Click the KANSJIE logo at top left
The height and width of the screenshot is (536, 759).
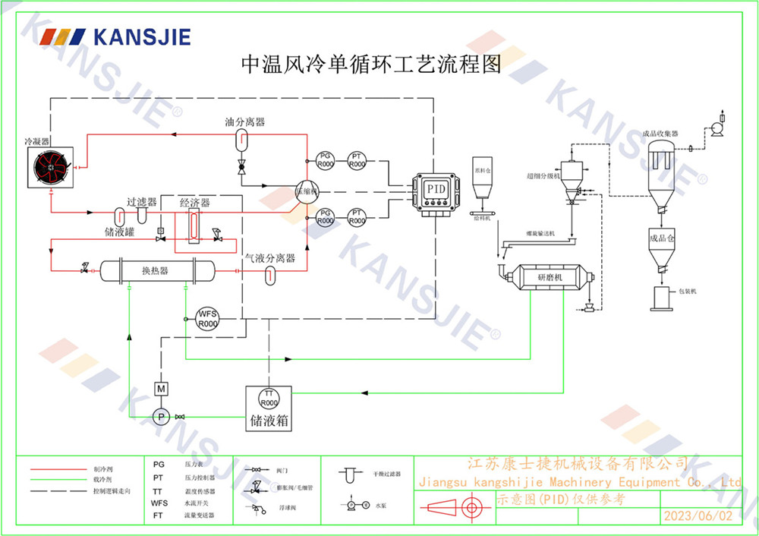click(115, 36)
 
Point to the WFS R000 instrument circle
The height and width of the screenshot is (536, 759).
click(207, 318)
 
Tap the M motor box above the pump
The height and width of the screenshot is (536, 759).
click(161, 389)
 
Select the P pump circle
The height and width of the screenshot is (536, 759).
click(161, 416)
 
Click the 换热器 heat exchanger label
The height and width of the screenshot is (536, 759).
click(155, 271)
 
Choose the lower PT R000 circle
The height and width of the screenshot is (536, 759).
click(356, 217)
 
